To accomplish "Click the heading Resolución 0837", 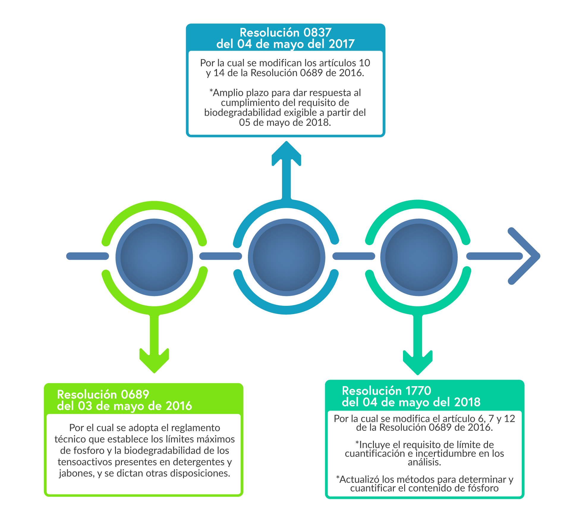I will pyautogui.click(x=285, y=32).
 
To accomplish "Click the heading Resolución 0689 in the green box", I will pyautogui.click(x=103, y=394).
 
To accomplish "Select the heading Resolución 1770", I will pyautogui.click(x=386, y=391).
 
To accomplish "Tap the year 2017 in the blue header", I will pyautogui.click(x=341, y=44).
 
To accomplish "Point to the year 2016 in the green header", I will pyautogui.click(x=179, y=406).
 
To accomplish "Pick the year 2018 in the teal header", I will pyautogui.click(x=467, y=402).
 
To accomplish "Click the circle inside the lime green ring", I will pyautogui.click(x=154, y=257).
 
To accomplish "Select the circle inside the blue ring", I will pyautogui.click(x=287, y=257).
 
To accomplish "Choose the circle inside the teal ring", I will pyautogui.click(x=419, y=257).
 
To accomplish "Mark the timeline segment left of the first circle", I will pyautogui.click(x=87, y=256).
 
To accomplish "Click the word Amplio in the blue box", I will pyautogui.click(x=228, y=93).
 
